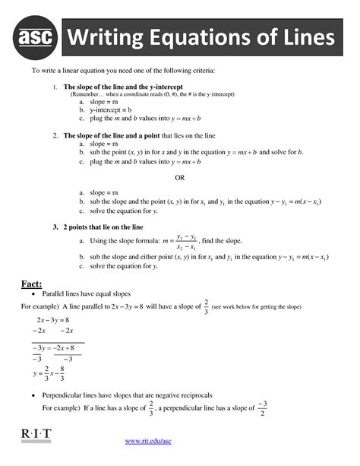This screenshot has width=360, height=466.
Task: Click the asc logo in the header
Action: click(37, 37)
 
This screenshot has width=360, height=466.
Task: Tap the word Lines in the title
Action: click(303, 37)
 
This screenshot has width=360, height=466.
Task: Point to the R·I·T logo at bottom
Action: click(33, 434)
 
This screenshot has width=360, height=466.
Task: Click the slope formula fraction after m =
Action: click(187, 241)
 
